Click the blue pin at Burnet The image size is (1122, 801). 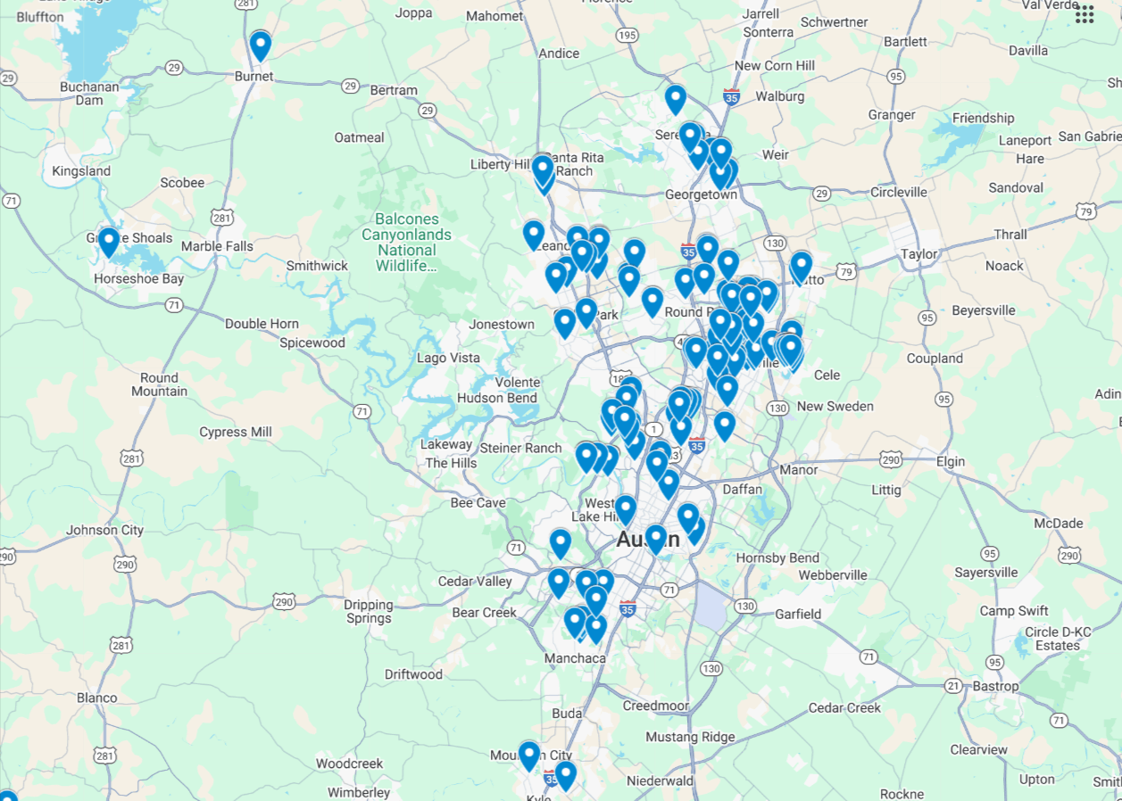(260, 45)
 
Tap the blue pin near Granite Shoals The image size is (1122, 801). (108, 242)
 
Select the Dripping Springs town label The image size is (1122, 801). (369, 611)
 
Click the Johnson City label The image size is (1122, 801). (104, 530)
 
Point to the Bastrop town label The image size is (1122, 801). (995, 686)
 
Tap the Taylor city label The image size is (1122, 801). (918, 253)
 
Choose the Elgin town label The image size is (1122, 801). (951, 461)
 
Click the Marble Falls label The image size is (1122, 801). (217, 246)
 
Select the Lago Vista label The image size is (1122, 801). (448, 358)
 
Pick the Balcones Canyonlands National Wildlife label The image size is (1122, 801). (406, 242)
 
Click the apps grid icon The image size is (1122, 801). (1085, 13)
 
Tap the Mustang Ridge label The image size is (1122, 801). (690, 737)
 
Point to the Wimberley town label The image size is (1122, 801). (359, 792)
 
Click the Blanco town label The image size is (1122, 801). (96, 698)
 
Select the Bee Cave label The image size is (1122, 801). (478, 503)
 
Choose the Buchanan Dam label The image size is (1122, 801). (89, 93)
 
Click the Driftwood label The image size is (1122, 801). (413, 674)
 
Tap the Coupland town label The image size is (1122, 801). (935, 359)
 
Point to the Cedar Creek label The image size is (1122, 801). (844, 707)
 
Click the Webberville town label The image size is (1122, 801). (833, 575)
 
